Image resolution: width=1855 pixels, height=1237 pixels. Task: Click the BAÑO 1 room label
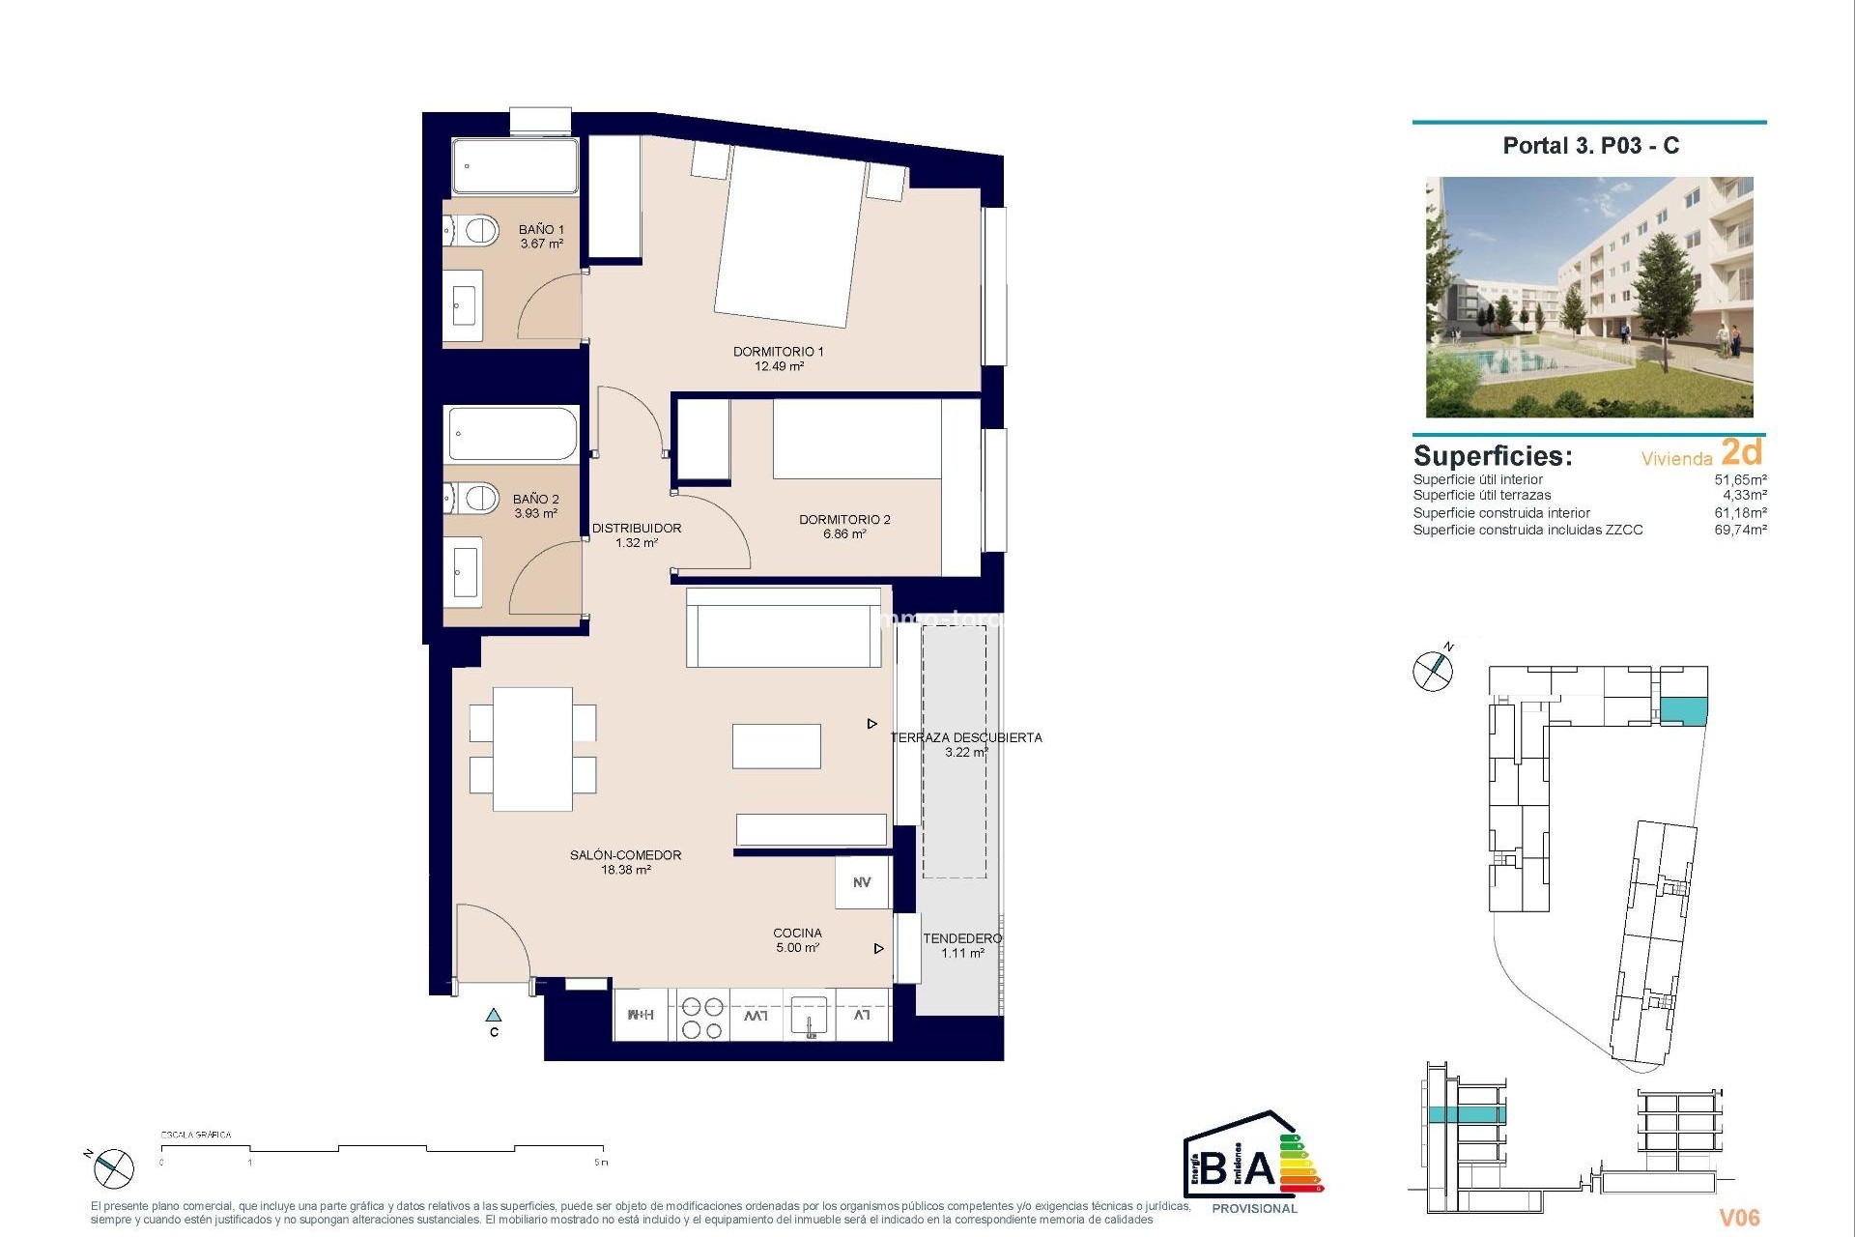(x=541, y=237)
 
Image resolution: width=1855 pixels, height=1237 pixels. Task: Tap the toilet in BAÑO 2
(x=474, y=499)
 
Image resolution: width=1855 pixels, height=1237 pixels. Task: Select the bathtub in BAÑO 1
(x=515, y=166)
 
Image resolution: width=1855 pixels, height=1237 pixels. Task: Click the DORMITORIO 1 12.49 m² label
(x=779, y=359)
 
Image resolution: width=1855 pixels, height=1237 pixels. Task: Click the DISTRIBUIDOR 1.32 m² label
(x=637, y=535)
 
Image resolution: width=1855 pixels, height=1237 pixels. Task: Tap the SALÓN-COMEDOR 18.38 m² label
(x=626, y=862)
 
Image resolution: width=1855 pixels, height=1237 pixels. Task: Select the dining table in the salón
(x=532, y=749)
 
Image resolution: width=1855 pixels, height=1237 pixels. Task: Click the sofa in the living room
(x=784, y=628)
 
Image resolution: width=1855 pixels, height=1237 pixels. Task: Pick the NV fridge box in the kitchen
(x=862, y=882)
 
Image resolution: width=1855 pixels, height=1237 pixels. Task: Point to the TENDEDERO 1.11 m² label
(x=962, y=945)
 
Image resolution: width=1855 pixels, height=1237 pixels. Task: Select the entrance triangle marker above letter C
(x=494, y=1016)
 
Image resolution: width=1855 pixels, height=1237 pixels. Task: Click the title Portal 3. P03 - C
(x=1590, y=146)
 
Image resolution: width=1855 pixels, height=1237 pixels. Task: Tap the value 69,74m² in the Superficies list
(x=1740, y=530)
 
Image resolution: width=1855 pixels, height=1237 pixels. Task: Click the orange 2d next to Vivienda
(x=1741, y=452)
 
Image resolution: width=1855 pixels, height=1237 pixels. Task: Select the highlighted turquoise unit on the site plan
(x=1683, y=711)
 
